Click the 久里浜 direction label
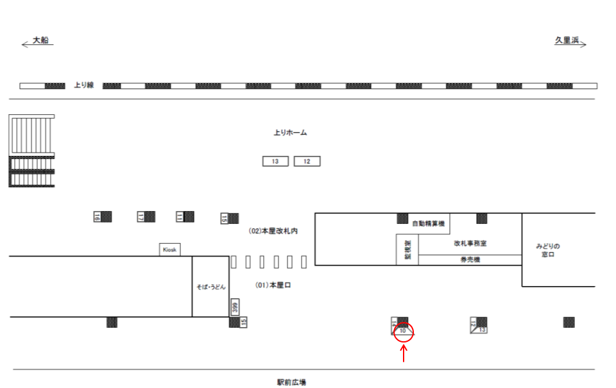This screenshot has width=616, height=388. (567, 40)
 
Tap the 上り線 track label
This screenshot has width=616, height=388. (83, 85)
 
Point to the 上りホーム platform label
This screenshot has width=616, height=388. (290, 133)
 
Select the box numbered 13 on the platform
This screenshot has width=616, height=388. (275, 162)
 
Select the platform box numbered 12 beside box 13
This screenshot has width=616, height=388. (307, 162)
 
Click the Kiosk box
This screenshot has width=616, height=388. (169, 249)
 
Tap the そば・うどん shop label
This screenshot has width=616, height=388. (210, 287)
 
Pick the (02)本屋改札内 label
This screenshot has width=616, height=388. (274, 231)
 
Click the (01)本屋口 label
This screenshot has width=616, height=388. (273, 285)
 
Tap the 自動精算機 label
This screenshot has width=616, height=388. (428, 224)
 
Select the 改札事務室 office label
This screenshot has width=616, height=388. (470, 244)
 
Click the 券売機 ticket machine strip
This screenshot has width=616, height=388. (470, 260)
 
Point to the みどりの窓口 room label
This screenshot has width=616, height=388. (548, 250)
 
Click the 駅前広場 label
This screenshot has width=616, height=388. (291, 382)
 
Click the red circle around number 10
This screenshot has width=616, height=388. (404, 332)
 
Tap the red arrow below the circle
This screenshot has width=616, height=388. (404, 353)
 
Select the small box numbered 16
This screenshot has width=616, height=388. (98, 217)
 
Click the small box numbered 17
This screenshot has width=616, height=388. (141, 217)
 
